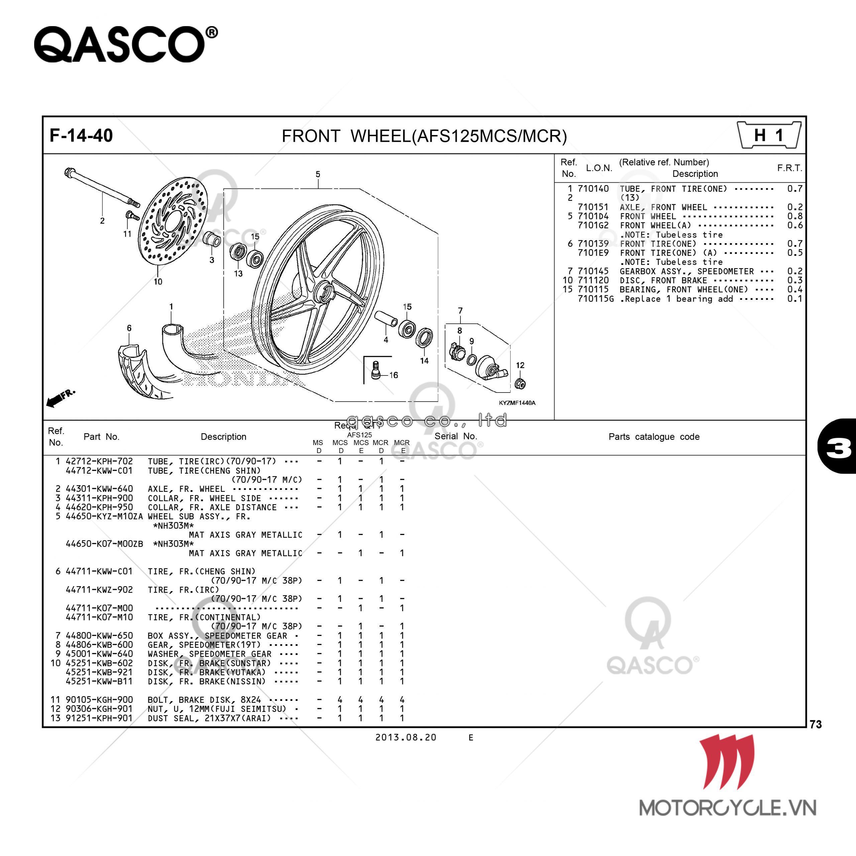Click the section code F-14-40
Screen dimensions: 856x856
click(81, 135)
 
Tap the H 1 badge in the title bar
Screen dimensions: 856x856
click(769, 135)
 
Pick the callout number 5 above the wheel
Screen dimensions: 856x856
click(318, 175)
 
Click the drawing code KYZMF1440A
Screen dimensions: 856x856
click(517, 403)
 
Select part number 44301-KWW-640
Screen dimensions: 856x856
click(99, 489)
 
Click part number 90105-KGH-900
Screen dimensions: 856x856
click(99, 700)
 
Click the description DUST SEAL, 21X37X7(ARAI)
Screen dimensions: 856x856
click(209, 718)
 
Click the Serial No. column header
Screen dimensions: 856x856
click(455, 436)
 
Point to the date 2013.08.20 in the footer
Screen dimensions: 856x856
click(405, 737)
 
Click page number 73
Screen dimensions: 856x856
click(816, 724)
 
